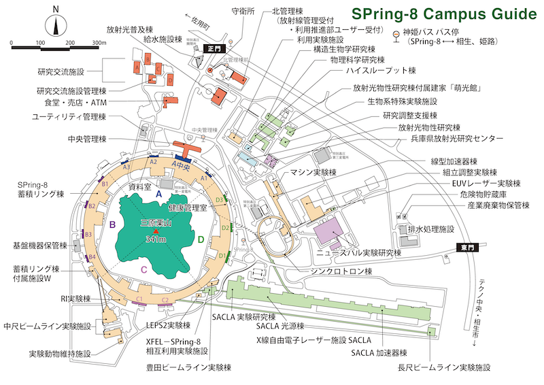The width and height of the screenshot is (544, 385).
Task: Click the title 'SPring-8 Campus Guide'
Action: point(441,14)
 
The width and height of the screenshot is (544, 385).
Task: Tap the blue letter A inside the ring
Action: point(158,195)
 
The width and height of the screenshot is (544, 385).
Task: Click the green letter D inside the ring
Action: point(200,239)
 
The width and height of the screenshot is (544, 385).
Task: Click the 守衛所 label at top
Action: point(243,11)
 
